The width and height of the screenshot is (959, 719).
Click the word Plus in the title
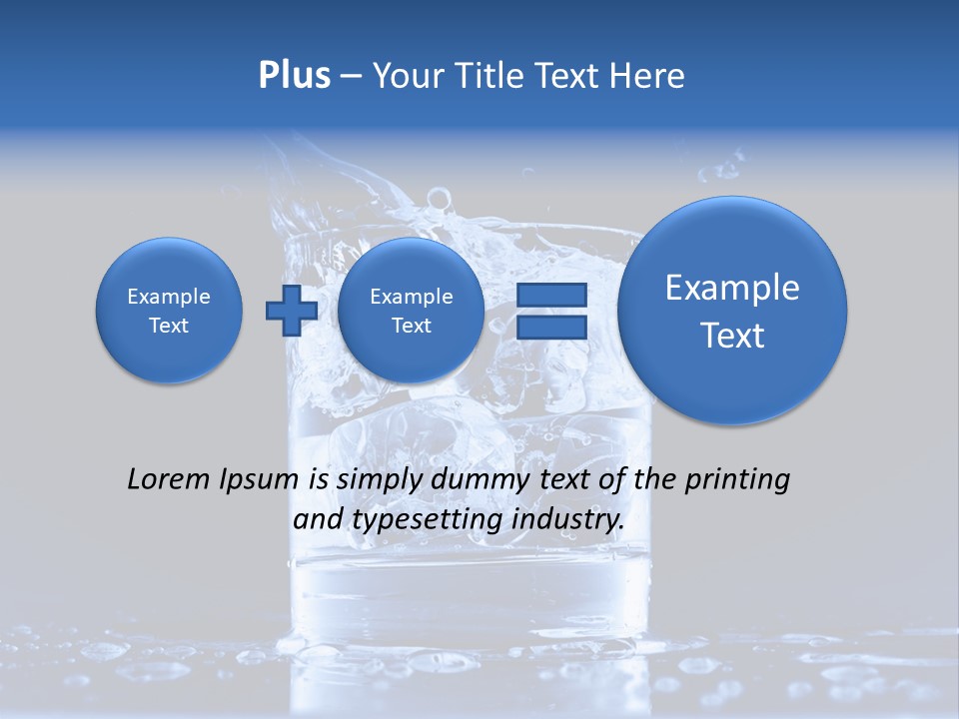coord(294,76)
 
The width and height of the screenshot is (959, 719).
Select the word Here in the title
coord(648,76)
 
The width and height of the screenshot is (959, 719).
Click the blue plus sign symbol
coord(291,311)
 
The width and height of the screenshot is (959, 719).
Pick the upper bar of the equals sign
coord(550,296)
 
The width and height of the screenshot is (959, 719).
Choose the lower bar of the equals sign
coord(550,327)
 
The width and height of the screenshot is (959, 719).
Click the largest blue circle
coord(732,310)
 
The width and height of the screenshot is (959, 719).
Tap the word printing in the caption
coord(735,480)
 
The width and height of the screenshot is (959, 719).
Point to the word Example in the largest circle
coord(732,288)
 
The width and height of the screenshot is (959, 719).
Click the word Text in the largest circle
coord(732,336)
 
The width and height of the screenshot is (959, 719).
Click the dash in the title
coord(351,76)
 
